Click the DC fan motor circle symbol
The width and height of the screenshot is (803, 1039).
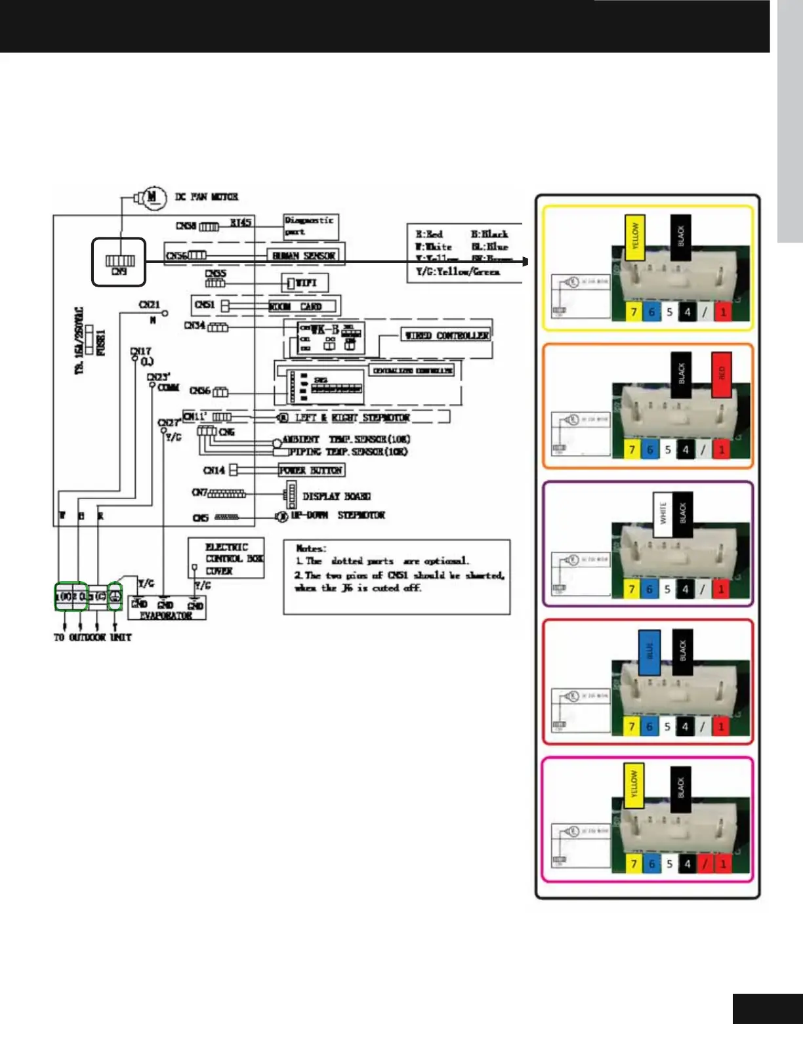point(152,197)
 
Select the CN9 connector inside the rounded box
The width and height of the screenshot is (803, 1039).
point(119,262)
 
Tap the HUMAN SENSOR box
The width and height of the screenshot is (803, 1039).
point(304,255)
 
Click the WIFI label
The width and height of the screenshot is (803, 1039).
point(306,283)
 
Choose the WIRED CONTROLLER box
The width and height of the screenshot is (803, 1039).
point(446,335)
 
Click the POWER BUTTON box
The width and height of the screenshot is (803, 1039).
point(311,470)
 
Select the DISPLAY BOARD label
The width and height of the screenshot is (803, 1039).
point(337,497)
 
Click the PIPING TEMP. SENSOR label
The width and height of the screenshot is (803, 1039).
point(348,452)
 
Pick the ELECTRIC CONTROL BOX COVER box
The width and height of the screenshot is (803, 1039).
point(226,559)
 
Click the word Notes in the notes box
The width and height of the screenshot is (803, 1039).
point(310,548)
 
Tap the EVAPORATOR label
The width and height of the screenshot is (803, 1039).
point(166,616)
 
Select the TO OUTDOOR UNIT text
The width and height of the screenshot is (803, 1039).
point(93,637)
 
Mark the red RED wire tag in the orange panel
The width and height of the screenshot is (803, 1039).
point(722,374)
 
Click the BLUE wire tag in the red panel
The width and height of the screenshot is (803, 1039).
point(649,652)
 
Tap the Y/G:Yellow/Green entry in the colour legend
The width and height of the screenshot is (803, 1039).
point(457,272)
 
